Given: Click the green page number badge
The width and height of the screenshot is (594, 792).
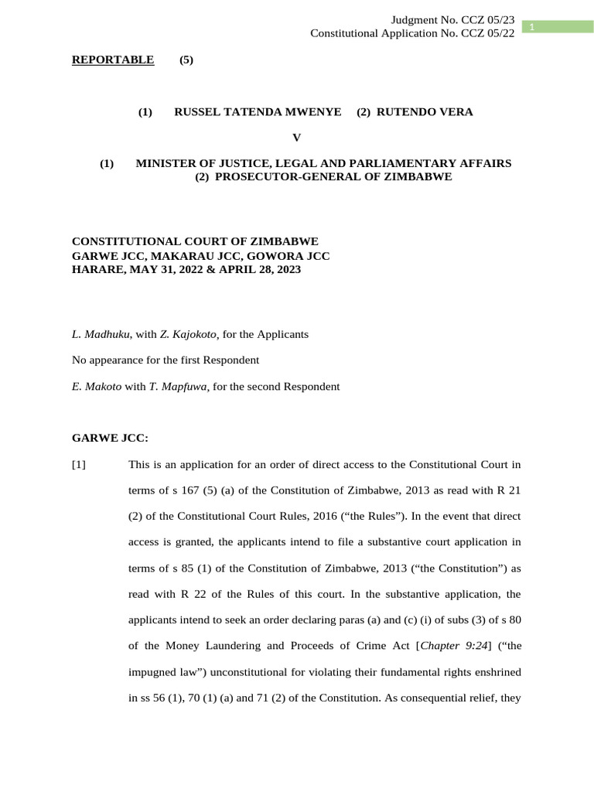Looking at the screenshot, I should [556, 27].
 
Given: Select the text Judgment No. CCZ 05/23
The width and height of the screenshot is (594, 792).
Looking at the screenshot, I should [453, 19].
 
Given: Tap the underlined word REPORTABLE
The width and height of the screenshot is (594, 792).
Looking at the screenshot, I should [113, 60].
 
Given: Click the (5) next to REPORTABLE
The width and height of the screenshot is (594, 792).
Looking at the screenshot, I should [186, 60].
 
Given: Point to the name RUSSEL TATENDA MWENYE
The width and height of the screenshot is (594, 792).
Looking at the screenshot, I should [258, 112].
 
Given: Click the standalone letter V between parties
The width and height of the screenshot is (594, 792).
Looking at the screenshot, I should [296, 138].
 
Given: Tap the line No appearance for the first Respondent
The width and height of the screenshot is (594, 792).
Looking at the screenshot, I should [165, 360].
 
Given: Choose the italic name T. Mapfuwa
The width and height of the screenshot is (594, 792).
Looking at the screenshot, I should [182, 387].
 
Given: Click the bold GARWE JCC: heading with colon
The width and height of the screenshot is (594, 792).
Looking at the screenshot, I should [110, 439].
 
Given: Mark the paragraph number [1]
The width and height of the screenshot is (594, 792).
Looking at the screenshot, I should [79, 465].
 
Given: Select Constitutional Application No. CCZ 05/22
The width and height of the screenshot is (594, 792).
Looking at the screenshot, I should [412, 33].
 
